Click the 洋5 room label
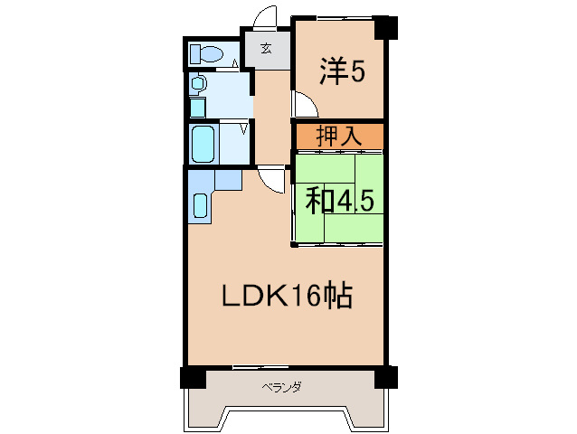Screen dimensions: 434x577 click(342, 71)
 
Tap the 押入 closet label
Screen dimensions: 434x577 click(339, 137)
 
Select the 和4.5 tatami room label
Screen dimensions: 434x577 click(339, 199)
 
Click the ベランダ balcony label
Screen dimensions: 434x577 click(281, 386)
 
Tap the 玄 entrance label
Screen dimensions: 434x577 click(267, 49)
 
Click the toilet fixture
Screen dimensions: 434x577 click(207, 53)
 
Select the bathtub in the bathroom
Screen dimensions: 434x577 click(203, 142)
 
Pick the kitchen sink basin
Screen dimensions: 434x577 click(201, 205)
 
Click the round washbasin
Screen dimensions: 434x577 click(198, 84)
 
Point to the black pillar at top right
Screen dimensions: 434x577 click(387, 27)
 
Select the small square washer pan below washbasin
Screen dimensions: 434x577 click(197, 107)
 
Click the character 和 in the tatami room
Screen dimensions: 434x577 click(317, 199)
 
